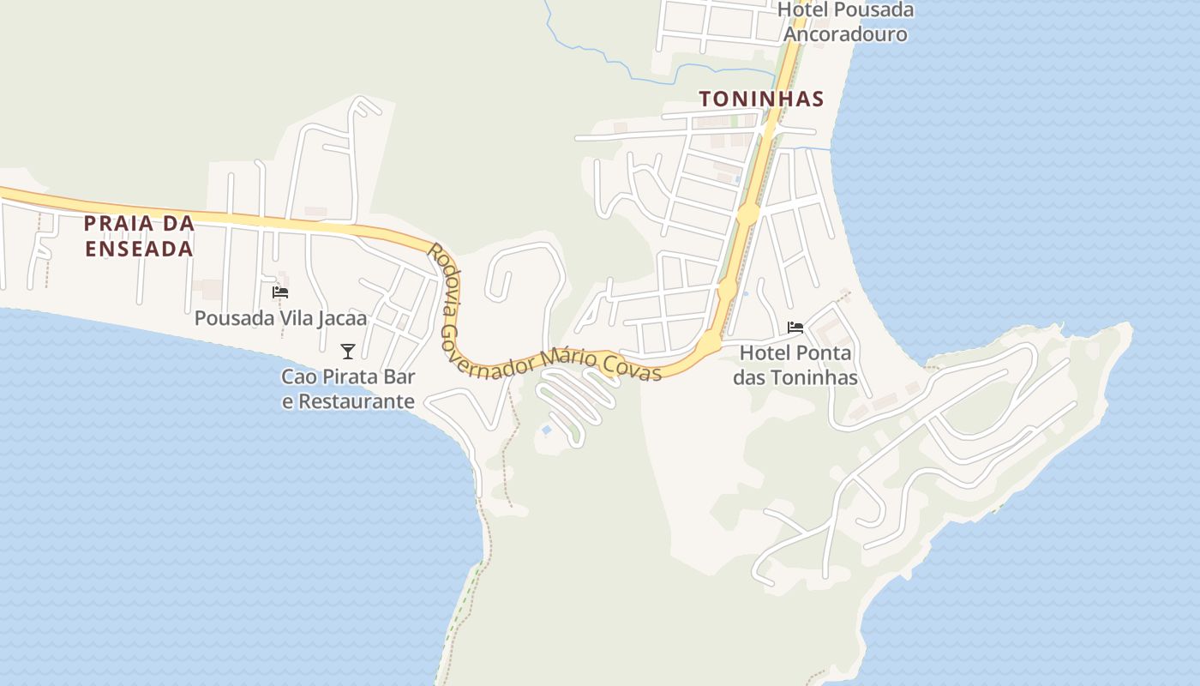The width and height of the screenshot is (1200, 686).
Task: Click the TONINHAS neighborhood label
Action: [x=761, y=99]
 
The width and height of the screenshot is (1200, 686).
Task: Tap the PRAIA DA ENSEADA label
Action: [x=139, y=236]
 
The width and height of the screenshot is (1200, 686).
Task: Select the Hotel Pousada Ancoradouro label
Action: [x=845, y=22]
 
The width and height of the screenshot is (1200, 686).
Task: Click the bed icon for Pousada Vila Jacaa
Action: [x=280, y=292]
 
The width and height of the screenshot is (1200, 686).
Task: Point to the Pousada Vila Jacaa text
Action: [x=280, y=318]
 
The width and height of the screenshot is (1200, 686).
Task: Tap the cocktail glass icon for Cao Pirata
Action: [x=347, y=351]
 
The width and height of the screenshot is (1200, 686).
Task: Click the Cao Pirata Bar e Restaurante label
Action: [x=348, y=388]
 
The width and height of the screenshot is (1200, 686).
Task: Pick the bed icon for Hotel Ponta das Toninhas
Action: [x=795, y=328]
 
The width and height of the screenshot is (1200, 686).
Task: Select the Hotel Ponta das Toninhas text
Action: [x=795, y=365]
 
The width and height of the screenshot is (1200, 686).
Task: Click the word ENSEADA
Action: [x=139, y=249]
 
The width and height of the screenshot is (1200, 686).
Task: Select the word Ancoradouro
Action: [x=845, y=34]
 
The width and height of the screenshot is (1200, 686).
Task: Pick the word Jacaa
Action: [x=339, y=318]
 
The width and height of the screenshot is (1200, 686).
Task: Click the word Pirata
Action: [x=349, y=376]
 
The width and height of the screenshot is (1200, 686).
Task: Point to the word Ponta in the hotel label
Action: [x=824, y=353]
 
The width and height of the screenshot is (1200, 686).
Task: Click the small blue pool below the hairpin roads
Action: [x=546, y=430]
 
